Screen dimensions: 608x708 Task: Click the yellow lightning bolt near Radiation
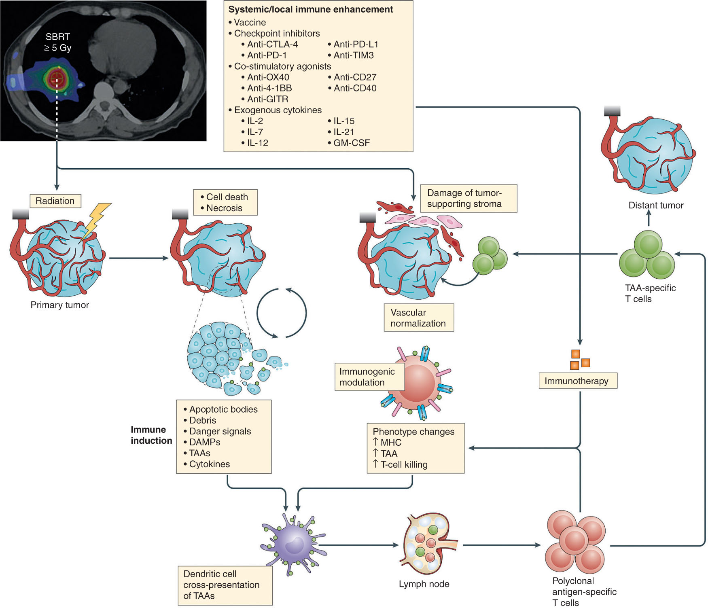point(96,220)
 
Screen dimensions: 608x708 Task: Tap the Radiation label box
point(55,201)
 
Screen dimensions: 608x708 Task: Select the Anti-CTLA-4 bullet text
point(272,44)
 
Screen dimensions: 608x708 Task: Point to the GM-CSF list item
point(351,143)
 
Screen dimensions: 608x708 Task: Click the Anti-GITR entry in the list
point(267,99)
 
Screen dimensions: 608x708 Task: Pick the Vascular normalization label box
point(418,318)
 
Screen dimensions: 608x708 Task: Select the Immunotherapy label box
point(577,381)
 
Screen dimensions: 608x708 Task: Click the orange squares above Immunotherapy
point(579,360)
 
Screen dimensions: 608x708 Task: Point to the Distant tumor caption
point(655,205)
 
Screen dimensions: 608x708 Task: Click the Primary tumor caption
point(60,305)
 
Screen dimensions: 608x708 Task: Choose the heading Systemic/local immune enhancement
point(311,10)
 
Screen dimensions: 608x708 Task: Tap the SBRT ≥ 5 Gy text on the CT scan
point(58,42)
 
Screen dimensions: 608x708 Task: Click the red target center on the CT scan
point(57,77)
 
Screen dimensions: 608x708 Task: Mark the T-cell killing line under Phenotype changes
point(403,464)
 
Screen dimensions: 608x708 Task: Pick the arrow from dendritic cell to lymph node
point(358,545)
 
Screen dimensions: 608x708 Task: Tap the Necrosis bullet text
point(224,208)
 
